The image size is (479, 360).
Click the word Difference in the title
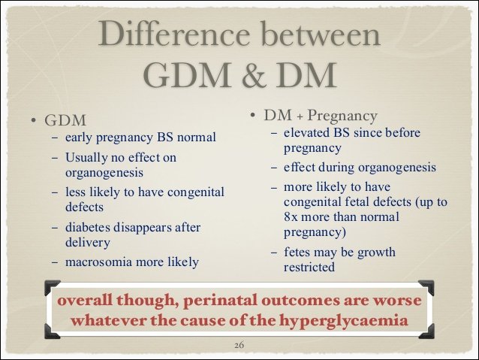(174, 34)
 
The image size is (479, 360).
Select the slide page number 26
(239, 345)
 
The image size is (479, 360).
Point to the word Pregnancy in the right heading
(342, 116)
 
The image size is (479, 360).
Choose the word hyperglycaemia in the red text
(344, 321)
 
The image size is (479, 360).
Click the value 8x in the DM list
(291, 217)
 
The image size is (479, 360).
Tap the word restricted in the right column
(309, 267)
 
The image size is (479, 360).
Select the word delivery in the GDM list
(88, 243)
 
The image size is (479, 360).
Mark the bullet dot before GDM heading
(33, 120)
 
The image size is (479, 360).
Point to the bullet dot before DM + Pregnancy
(252, 115)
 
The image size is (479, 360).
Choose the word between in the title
(321, 34)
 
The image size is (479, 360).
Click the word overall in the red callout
(85, 300)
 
